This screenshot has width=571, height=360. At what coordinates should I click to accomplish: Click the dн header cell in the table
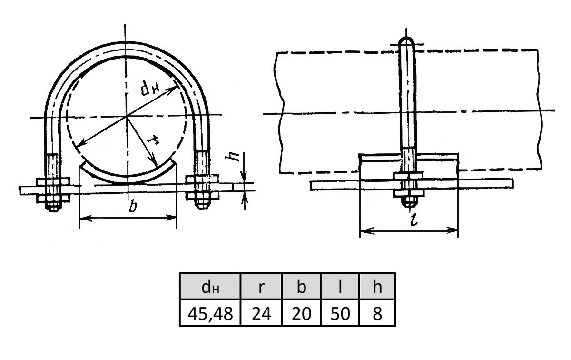pos(209,286)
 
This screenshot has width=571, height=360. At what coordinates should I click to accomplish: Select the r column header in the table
pos(261,286)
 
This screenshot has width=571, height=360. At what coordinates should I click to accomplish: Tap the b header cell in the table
pos(301,286)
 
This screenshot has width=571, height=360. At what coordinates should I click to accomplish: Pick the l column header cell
pos(340,286)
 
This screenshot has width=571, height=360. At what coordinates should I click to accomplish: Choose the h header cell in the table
pos(377,286)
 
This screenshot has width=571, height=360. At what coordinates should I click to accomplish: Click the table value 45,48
pos(210,313)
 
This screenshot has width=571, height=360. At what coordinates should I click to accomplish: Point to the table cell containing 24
pos(261,313)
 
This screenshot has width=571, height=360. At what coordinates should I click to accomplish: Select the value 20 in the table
pos(301,313)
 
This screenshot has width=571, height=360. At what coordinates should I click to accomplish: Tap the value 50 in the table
pos(340,313)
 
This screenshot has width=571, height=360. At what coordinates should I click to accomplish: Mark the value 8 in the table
pos(377,313)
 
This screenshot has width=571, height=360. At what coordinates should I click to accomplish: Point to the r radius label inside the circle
pos(154,141)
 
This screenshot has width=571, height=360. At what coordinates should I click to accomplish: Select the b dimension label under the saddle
pos(133,206)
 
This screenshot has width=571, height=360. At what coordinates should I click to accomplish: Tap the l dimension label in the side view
pos(413,220)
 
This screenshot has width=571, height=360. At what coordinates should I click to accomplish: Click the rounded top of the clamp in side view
pos(406,40)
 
